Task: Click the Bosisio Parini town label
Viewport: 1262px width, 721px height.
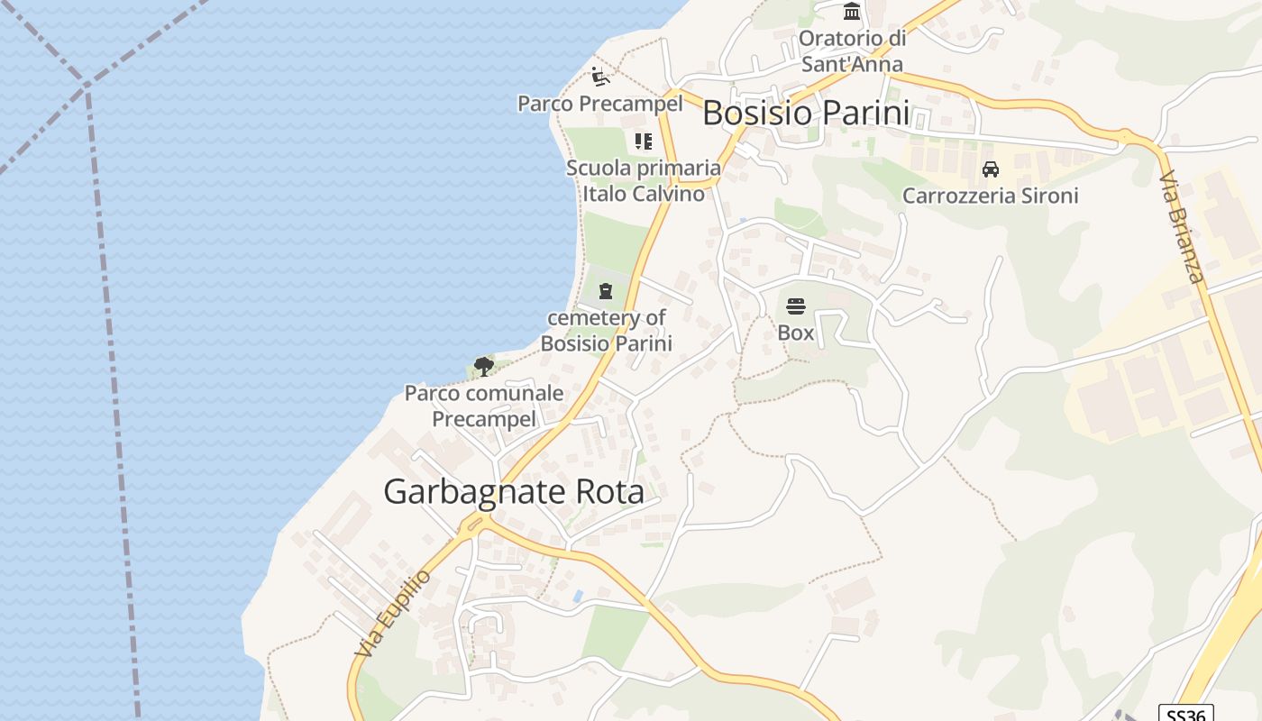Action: click(806, 114)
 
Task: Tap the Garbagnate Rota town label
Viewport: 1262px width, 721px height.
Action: click(514, 492)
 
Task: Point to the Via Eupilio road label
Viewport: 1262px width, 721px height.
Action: click(393, 613)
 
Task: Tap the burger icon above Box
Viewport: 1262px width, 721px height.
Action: click(795, 306)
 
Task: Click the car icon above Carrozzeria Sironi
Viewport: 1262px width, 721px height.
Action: click(990, 169)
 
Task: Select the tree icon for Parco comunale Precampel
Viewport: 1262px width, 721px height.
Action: click(484, 366)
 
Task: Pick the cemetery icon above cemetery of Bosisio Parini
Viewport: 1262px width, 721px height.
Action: click(606, 291)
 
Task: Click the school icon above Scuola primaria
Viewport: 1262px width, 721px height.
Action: click(643, 141)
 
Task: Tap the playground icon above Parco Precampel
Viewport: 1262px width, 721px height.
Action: click(600, 77)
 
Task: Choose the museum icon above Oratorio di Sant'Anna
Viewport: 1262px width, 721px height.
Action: click(852, 12)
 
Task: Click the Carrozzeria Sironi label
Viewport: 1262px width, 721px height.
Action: click(990, 196)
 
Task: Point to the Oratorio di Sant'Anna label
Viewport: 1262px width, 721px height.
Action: click(852, 51)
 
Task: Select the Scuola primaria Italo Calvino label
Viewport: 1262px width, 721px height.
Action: click(644, 180)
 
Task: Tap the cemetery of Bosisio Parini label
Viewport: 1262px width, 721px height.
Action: click(606, 330)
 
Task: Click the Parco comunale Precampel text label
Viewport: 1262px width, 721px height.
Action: click(484, 406)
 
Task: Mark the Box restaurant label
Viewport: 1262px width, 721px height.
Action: click(795, 333)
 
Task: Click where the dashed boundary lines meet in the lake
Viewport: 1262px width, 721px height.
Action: click(87, 87)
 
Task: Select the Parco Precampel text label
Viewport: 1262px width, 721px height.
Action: click(599, 104)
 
